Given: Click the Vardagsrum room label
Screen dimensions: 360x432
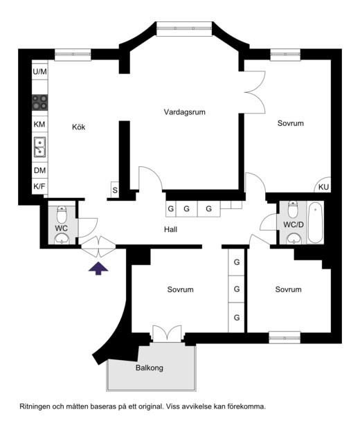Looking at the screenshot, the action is (x=185, y=112).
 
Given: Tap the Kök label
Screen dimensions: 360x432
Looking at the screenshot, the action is (x=78, y=127).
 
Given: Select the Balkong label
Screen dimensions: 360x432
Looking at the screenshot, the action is (x=150, y=368).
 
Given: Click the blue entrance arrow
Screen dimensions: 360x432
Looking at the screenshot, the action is (x=98, y=269).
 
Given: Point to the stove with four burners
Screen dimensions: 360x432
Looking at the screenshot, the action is (x=40, y=102).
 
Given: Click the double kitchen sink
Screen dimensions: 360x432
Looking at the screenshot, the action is (x=40, y=147).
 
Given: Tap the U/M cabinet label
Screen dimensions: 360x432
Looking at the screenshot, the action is (x=40, y=72).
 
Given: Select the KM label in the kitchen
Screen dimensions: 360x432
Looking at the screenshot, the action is (x=39, y=124).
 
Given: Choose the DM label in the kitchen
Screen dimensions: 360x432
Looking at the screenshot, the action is (x=39, y=170).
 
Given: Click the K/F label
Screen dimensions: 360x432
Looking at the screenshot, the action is (x=39, y=186).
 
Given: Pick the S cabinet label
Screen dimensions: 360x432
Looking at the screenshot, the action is (x=115, y=190).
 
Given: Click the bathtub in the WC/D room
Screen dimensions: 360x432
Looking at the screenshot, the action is (x=316, y=223).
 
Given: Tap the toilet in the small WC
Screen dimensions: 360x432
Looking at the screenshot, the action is (x=62, y=213).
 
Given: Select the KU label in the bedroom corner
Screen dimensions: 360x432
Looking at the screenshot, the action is (x=323, y=187).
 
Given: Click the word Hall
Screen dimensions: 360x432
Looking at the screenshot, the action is (x=170, y=230).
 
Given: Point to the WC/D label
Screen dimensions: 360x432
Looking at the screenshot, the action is (x=294, y=225).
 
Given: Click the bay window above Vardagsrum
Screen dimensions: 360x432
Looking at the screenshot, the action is (x=184, y=28).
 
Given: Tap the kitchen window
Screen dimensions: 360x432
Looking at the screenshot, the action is (x=73, y=55).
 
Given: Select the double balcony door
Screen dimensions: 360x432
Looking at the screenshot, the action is (x=167, y=334).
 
